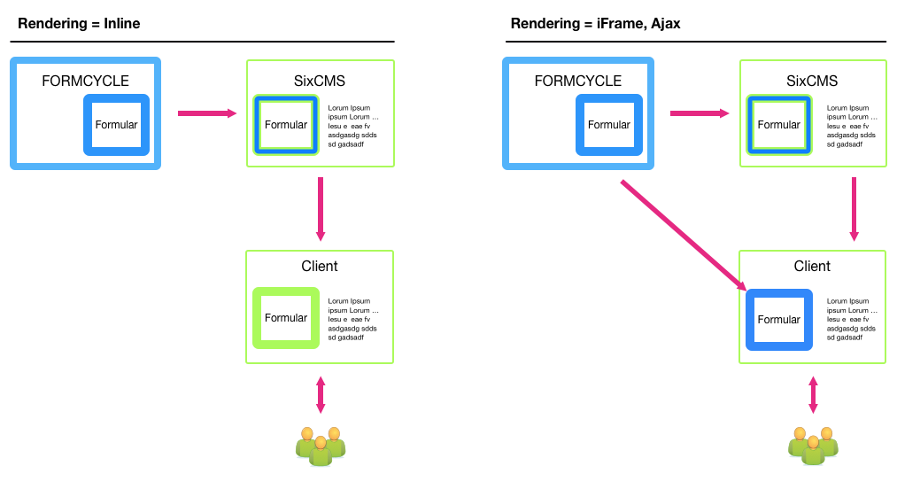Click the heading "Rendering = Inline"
click(79, 24)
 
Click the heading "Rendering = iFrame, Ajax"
click(595, 24)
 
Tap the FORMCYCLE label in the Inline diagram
click(85, 81)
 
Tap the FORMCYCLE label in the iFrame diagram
click(578, 81)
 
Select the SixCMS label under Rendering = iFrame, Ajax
click(812, 81)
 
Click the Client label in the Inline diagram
click(320, 267)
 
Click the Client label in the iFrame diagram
click(812, 267)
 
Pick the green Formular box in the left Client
click(285, 318)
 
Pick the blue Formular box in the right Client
click(778, 320)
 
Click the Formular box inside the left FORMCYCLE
click(116, 125)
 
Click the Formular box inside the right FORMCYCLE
click(608, 125)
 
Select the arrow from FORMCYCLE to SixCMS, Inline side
click(207, 113)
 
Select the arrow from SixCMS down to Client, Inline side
click(321, 209)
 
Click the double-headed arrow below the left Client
click(321, 395)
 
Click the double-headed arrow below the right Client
click(813, 395)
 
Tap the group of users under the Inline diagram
click(320, 446)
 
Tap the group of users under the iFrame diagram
click(813, 446)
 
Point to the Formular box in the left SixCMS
click(284, 125)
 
